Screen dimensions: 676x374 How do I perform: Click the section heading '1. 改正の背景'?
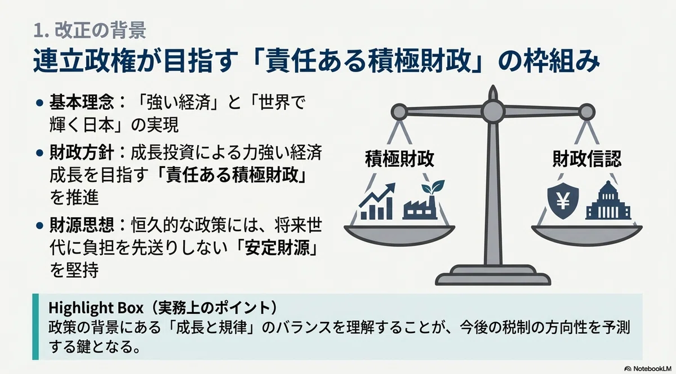(x=90, y=30)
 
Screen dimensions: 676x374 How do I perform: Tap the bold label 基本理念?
(x=82, y=103)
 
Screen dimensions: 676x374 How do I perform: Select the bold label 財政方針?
(x=82, y=153)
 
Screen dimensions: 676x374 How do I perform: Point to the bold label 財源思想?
(x=82, y=225)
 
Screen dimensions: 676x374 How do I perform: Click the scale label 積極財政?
(x=399, y=159)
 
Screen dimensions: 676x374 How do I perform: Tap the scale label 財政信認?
(x=587, y=159)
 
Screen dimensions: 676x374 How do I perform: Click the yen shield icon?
(x=563, y=201)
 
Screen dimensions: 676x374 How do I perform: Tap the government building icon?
(x=608, y=201)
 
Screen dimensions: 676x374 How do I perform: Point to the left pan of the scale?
(x=399, y=235)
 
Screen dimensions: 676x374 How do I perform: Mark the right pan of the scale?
(x=587, y=235)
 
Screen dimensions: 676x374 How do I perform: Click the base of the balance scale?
(x=493, y=275)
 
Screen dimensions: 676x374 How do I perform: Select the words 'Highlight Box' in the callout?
(x=96, y=308)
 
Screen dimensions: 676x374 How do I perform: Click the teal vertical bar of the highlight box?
(x=35, y=327)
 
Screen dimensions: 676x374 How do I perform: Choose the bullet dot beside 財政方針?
(x=39, y=153)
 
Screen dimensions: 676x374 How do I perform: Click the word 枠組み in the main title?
(x=562, y=62)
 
